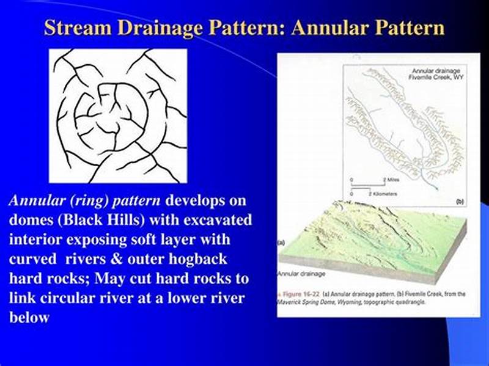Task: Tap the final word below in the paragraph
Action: click(x=29, y=317)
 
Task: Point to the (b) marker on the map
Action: click(x=460, y=201)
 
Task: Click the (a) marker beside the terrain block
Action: click(x=281, y=243)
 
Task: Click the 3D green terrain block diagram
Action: click(x=367, y=238)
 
